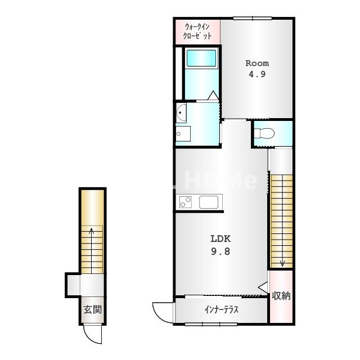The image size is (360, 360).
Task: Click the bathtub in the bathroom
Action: (201, 58)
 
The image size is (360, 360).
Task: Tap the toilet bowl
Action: (264, 133)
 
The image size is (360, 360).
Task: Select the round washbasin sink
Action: (181, 112)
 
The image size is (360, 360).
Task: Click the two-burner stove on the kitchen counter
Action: (186, 202)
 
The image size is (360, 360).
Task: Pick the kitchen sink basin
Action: (209, 202)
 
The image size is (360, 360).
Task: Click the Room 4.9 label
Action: (257, 69)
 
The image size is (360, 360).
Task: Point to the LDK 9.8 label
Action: (220, 245)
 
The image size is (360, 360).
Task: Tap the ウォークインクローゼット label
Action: (197, 31)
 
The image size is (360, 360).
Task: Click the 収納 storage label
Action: (281, 296)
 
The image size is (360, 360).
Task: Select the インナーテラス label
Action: (221, 310)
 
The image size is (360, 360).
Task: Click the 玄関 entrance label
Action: (92, 310)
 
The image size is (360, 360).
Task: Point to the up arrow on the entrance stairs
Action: (91, 250)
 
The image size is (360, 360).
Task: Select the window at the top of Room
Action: (253, 18)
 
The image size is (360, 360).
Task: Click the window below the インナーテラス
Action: (211, 324)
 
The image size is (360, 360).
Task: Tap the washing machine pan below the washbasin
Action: (183, 134)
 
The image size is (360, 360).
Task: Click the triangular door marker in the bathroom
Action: (213, 95)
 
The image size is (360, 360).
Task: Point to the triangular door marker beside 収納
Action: (263, 287)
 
